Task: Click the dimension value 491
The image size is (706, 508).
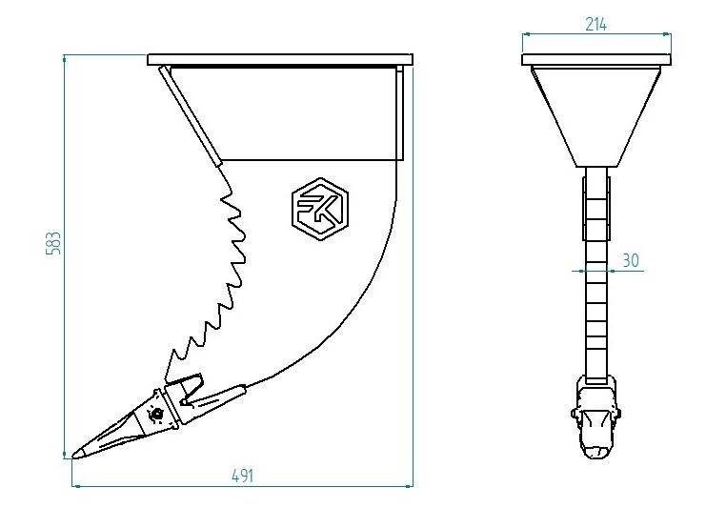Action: tap(242, 476)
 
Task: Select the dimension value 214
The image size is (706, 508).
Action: tap(596, 24)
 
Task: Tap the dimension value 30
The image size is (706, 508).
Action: tap(630, 259)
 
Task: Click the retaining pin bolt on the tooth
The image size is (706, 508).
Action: tap(156, 415)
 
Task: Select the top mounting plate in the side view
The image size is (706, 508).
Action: tap(281, 59)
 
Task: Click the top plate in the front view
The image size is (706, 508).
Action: tap(596, 60)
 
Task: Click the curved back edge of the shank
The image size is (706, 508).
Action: tap(362, 305)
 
